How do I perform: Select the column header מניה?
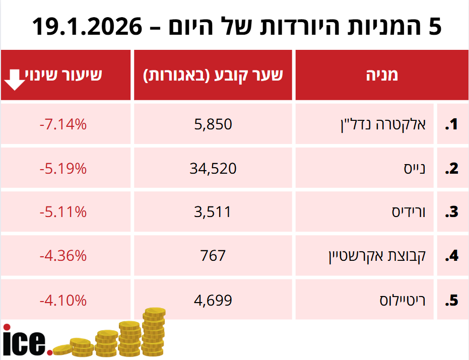[381, 75]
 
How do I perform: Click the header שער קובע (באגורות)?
[213, 75]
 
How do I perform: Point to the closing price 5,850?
[213, 124]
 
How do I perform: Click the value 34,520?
[213, 169]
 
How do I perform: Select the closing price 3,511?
[213, 212]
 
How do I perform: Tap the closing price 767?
[213, 256]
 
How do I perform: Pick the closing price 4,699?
[213, 301]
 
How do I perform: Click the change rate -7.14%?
[63, 124]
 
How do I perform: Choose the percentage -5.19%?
[63, 169]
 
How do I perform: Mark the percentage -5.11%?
[63, 212]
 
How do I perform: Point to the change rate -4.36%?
[63, 256]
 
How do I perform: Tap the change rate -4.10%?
[63, 301]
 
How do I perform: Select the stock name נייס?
[414, 169]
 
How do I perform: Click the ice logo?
[25, 340]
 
